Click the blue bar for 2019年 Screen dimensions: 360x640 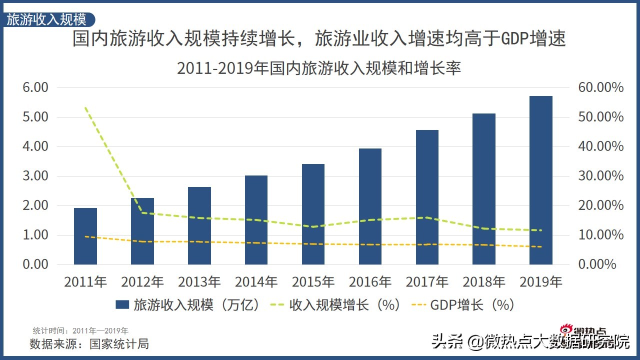click(540, 180)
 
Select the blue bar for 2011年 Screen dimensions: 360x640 click(85, 236)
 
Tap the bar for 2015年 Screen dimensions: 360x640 click(313, 214)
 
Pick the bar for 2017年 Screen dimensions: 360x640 click(427, 197)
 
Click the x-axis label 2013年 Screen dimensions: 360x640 click(199, 282)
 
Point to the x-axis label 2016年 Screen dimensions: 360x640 click(370, 282)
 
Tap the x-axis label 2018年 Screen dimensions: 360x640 click(484, 282)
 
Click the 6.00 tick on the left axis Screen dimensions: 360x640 click(35, 87)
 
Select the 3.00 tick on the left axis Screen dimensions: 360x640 click(35, 176)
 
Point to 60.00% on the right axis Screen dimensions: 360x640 click(601, 87)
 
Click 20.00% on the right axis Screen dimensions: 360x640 click(601, 205)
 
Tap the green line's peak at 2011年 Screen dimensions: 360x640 click(85, 107)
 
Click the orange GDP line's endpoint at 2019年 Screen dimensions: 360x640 click(540, 246)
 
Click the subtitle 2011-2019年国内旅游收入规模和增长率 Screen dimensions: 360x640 click(319, 68)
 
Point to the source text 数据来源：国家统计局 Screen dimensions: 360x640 click(89, 344)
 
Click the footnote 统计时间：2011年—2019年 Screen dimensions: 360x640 click(80, 330)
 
